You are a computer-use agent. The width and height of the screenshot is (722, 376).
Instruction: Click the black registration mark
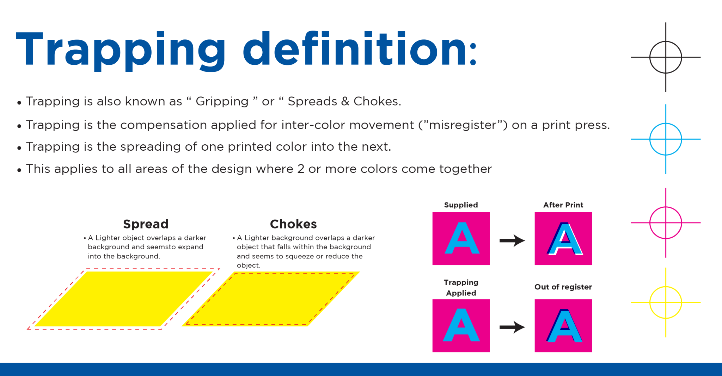(666, 42)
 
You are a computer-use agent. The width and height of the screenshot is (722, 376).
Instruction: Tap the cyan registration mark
(666, 123)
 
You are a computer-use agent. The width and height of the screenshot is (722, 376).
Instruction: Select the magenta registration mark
(666, 207)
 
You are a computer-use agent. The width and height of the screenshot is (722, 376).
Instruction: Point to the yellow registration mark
(666, 287)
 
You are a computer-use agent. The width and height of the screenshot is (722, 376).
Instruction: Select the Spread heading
(146, 224)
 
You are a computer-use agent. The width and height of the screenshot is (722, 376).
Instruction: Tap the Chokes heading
(293, 224)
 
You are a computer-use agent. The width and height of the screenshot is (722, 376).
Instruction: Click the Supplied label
(461, 205)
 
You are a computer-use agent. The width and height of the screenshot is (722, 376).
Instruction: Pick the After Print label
(563, 205)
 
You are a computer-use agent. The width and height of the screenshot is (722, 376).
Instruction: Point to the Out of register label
(563, 287)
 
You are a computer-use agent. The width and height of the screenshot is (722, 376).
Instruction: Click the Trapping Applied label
(461, 288)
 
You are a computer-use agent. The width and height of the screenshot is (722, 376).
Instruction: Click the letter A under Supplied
(462, 238)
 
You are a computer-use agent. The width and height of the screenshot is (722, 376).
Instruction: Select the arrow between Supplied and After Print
(512, 240)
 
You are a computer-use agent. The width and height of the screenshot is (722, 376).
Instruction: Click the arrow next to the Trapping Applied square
(512, 327)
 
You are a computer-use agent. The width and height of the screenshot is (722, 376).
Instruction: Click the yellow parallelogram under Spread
(123, 299)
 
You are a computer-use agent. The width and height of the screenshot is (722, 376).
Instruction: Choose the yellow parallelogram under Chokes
(271, 299)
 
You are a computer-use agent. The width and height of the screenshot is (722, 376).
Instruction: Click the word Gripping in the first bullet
(222, 101)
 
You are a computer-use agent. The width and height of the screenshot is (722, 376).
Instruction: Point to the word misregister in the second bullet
(463, 125)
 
